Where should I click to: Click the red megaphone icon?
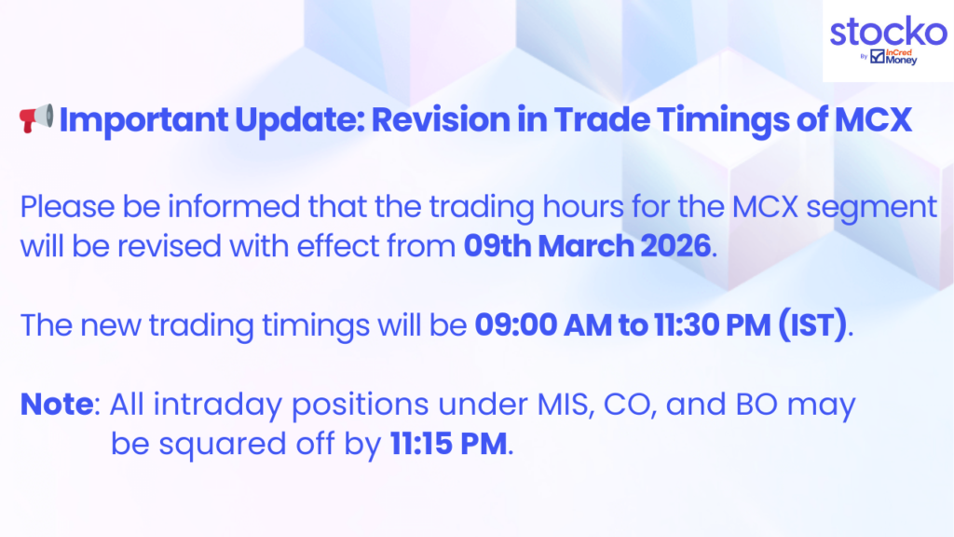pos(36,118)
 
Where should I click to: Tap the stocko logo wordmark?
pos(888,31)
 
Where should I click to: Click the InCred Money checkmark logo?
pos(878,57)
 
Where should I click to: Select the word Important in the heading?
pos(143,120)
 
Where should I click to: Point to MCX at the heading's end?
pos(873,119)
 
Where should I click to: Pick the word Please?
pos(67,206)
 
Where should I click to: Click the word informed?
pos(234,206)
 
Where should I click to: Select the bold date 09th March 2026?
pos(587,246)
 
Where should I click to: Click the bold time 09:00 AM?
pos(543,324)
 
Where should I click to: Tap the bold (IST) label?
pos(812,324)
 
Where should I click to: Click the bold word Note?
pos(57,404)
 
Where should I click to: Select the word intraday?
pos(217,405)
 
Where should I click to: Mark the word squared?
pos(222,445)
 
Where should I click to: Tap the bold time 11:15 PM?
pos(448,443)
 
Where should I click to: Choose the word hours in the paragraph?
pos(583,206)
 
